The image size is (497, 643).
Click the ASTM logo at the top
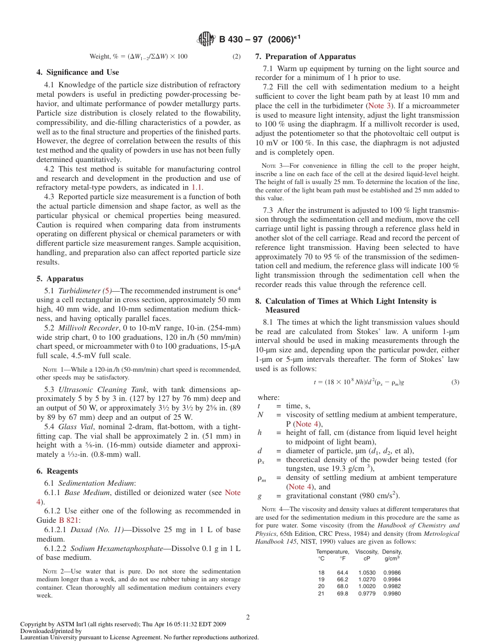pyautogui.click(x=207, y=39)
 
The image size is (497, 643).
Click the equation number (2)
pyautogui.click(x=236, y=56)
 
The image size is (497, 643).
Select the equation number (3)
pyautogui.click(x=455, y=382)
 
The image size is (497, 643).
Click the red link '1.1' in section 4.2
pyautogui.click(x=197, y=187)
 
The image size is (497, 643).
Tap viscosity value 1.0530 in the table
pyautogui.click(x=366, y=572)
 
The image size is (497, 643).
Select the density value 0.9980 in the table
pyautogui.click(x=392, y=593)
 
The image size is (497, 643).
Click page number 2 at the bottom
pyautogui.click(x=248, y=617)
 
